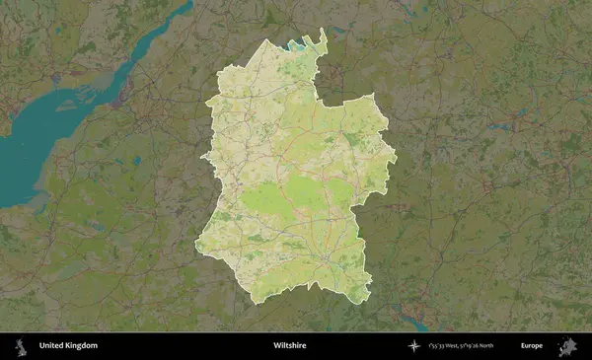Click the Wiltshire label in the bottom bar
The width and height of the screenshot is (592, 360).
coord(289,346)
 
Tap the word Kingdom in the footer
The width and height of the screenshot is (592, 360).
coord(82,346)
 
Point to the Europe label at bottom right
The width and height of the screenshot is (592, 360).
coord(531,346)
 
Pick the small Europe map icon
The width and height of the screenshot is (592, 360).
coord(567,346)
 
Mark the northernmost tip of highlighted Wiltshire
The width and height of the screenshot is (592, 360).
coord(323,31)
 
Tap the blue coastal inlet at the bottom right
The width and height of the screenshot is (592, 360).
coord(414,323)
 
